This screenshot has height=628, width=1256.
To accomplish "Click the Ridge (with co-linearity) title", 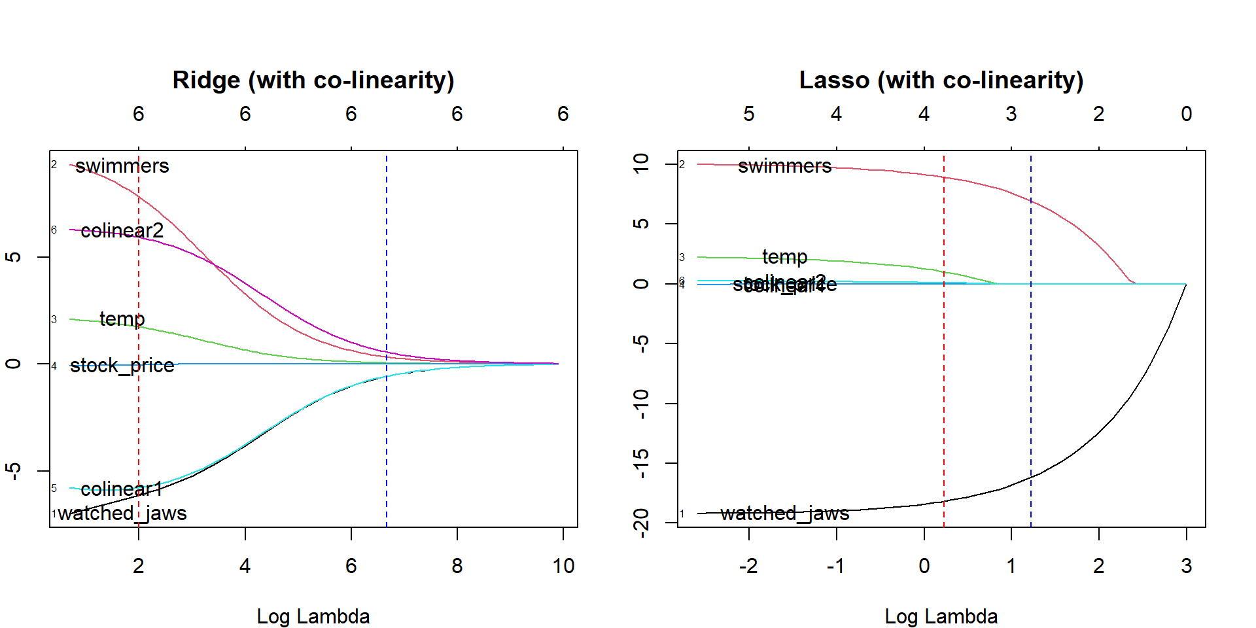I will click(313, 80).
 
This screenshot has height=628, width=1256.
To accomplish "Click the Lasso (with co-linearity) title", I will click(941, 80).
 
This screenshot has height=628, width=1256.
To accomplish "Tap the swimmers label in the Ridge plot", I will click(122, 166).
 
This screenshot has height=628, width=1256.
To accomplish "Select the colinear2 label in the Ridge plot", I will click(122, 230).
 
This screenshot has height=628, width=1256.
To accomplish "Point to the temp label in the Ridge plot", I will click(122, 319).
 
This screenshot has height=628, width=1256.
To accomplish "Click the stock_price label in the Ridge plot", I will click(122, 365).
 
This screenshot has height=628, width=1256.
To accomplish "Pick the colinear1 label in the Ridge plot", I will click(122, 489).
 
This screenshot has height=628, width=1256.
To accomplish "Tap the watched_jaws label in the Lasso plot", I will click(784, 514).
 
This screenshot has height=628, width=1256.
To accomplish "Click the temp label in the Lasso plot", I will click(784, 257).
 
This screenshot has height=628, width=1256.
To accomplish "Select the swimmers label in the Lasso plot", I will click(784, 166).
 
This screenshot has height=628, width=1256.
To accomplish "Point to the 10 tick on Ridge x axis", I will click(563, 566).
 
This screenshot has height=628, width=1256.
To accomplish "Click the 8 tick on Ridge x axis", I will click(457, 566).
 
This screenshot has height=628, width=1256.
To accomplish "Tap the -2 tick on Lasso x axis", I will click(748, 566).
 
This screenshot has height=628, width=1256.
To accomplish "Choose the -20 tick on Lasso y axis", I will click(642, 522).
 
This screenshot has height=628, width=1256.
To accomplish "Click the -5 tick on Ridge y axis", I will click(14, 470).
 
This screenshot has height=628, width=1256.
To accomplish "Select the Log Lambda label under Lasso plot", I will click(941, 616).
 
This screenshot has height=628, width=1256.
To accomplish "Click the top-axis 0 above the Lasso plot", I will click(1186, 114).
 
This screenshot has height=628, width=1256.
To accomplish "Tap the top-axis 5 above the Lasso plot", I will click(749, 114).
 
